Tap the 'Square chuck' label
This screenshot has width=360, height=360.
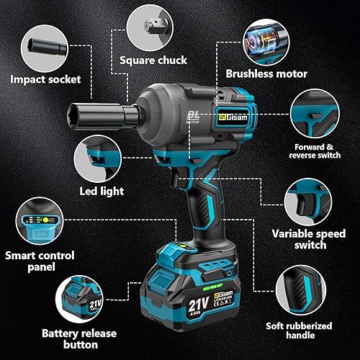coord(153,60)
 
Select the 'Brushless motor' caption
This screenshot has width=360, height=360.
coord(266,73)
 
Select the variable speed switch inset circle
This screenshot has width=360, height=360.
coord(310,202)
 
